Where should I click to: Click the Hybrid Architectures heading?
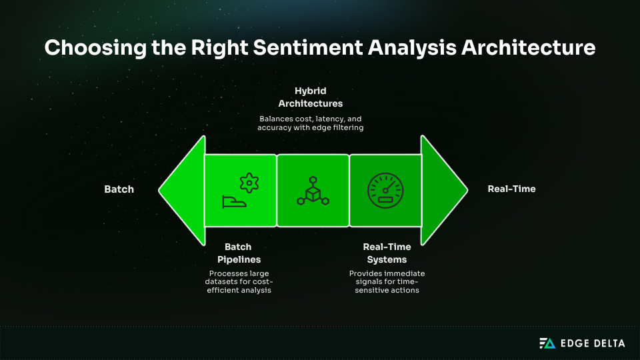tap(310, 97)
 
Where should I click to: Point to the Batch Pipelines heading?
tap(238, 253)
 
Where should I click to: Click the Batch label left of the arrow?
tap(119, 189)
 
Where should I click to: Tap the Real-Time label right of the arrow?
tap(511, 189)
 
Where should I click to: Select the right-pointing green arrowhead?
tap(442, 190)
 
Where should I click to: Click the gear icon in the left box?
tap(249, 181)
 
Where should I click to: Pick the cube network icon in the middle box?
tap(313, 191)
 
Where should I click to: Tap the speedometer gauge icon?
tap(385, 190)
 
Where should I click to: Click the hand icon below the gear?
tap(234, 201)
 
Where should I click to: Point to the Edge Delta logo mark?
tap(547, 343)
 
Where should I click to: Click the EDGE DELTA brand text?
tap(592, 343)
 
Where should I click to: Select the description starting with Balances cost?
tap(311, 123)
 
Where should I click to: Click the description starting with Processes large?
tap(238, 282)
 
